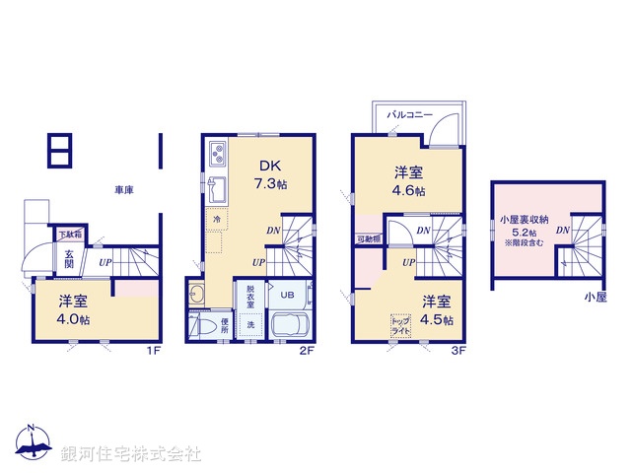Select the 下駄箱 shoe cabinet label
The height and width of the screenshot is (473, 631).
point(69,235)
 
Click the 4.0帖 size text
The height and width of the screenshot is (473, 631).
point(73,319)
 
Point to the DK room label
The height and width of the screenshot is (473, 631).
point(269,166)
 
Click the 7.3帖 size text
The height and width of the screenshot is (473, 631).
point(269,183)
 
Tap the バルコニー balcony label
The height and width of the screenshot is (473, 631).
point(409,115)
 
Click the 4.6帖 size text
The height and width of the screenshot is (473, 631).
point(407,190)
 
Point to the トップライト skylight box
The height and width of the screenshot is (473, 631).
point(401,324)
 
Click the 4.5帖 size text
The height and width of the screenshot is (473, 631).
point(438,319)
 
